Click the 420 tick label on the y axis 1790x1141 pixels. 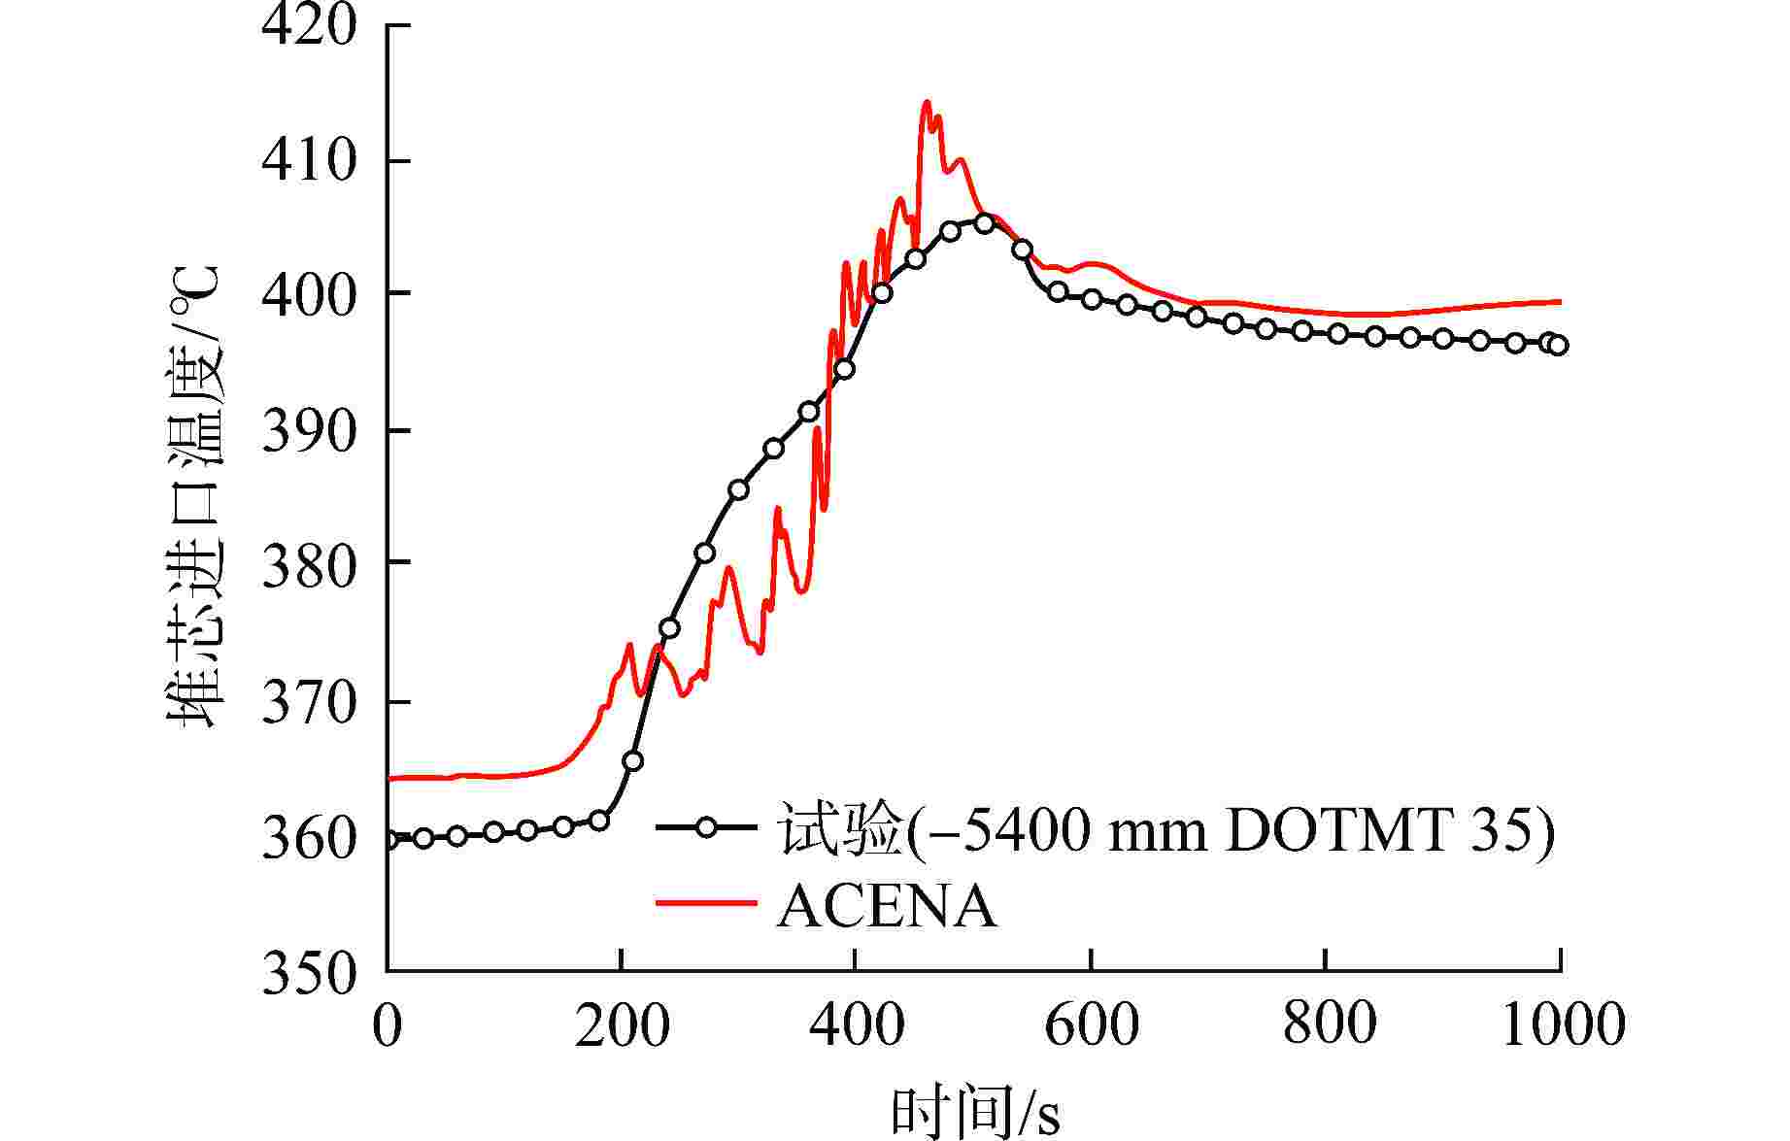[x=309, y=26]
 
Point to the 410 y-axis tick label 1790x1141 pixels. [x=309, y=160]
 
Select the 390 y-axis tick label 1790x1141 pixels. [x=309, y=430]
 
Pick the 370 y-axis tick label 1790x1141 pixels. [x=309, y=702]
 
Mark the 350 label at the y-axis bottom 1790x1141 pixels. [x=309, y=971]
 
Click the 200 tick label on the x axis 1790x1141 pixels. [x=622, y=1024]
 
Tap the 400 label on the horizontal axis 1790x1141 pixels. [x=856, y=1024]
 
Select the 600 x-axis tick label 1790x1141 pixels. [x=1092, y=1024]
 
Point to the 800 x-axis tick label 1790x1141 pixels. [x=1328, y=1024]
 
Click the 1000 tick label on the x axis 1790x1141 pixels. [x=1563, y=1024]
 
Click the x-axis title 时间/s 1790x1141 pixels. [x=975, y=1112]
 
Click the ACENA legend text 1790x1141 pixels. [x=887, y=907]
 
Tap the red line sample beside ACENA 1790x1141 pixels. [x=706, y=903]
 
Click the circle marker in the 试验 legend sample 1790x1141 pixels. [x=706, y=828]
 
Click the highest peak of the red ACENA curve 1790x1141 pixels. [x=926, y=102]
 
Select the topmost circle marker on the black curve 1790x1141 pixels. [x=985, y=223]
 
